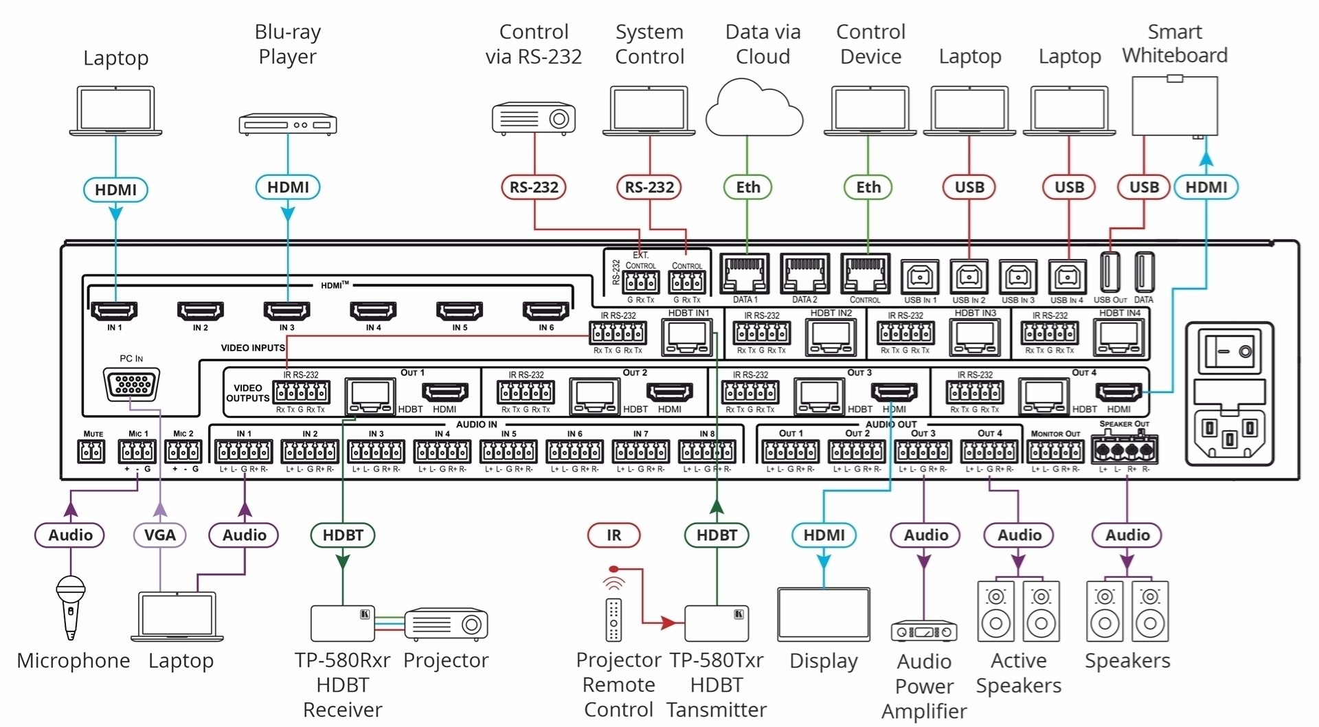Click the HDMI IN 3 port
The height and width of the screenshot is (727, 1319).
click(286, 311)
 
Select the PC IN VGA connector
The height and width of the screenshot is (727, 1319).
click(131, 384)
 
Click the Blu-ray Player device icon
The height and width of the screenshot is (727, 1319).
click(288, 124)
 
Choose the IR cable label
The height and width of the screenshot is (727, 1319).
click(613, 535)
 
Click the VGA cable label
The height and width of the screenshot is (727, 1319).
click(159, 535)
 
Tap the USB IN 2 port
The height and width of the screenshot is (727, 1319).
click(969, 277)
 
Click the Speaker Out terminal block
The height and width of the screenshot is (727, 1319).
click(1124, 451)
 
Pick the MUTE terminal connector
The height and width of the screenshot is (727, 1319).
click(91, 451)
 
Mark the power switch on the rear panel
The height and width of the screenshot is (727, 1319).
click(1230, 352)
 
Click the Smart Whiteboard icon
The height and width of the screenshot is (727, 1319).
click(1175, 106)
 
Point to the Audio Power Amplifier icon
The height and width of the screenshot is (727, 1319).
click(924, 631)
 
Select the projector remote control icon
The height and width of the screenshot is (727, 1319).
click(614, 618)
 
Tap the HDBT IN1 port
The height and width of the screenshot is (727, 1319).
click(687, 337)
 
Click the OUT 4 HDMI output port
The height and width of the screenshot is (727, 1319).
click(1118, 393)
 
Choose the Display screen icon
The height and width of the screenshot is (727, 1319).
click(824, 614)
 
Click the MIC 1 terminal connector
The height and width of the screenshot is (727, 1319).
click(137, 451)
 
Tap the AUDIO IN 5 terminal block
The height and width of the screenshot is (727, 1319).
click(509, 451)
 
